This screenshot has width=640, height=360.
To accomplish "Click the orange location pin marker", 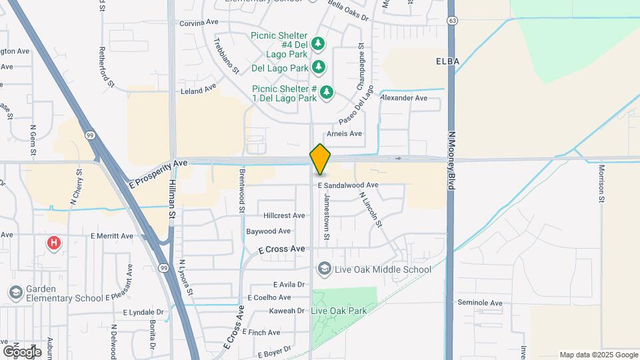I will point(320,159).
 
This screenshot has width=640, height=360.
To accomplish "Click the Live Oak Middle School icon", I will point(325,269).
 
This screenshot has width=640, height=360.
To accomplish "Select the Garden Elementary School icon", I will point(15,292).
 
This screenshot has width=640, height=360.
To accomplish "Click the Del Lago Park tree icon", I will point(319,67).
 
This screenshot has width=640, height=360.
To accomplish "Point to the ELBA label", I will point(448,61).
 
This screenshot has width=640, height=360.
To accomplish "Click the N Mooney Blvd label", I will point(451,160).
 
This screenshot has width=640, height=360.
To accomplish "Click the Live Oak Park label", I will point(339,311).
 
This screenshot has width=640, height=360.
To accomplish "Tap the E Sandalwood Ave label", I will point(348,185).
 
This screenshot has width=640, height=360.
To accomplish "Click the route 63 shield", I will point(453,21).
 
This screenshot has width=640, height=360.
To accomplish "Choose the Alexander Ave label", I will point(403,98).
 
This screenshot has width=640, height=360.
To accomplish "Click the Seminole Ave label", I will point(479,303).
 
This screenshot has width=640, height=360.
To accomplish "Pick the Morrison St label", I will point(601,183).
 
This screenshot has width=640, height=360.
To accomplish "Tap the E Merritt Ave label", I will point(112,236).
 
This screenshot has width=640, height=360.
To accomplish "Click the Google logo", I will point(21,351).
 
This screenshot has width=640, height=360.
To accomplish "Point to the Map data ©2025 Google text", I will point(598,355).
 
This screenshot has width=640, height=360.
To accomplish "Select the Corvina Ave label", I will point(199,22).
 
